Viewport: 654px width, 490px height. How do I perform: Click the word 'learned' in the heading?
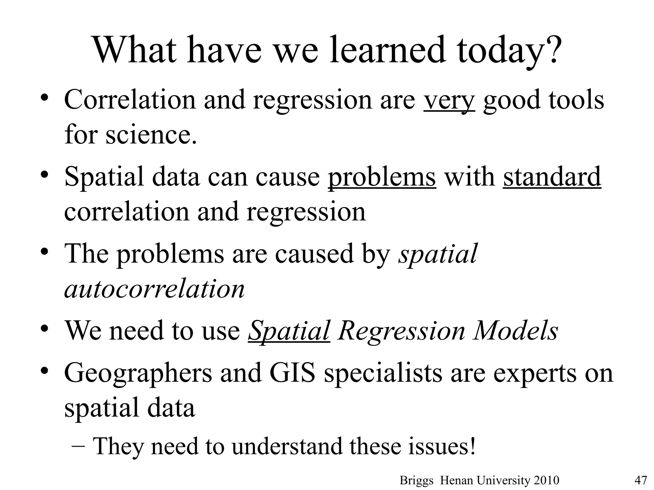coord(387,50)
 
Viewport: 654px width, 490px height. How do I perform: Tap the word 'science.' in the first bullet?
coord(151,134)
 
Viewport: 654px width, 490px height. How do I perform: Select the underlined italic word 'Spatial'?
coord(289,331)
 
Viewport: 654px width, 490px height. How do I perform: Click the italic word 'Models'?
coord(516,331)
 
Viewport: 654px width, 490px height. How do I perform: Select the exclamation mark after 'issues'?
coord(472,446)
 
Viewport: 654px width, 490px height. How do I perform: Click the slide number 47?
coord(640,480)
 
